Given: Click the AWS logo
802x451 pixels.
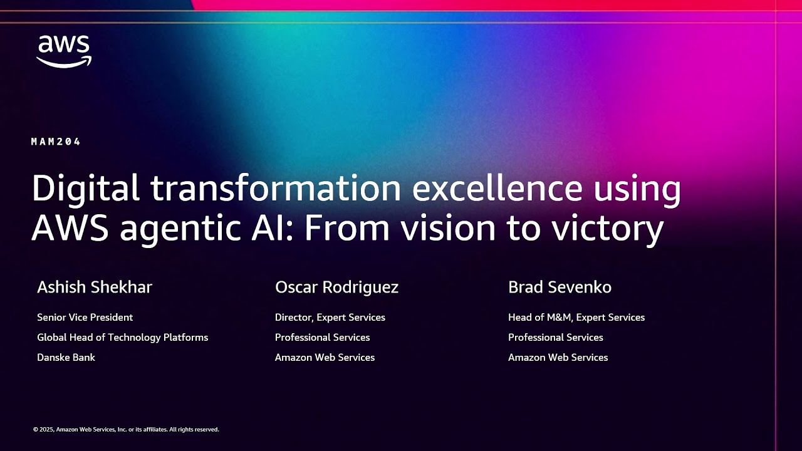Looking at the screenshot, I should coord(64,51).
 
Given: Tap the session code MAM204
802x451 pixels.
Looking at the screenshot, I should coord(56,142).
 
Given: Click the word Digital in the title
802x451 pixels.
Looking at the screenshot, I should coord(85,189).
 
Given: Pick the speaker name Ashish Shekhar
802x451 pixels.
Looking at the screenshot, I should coord(95,287).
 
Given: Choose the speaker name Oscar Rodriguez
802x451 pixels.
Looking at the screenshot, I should coord(336,287).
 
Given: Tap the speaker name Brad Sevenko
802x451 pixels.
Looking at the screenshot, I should coord(560,287).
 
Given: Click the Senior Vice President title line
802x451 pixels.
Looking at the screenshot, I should coord(85,318).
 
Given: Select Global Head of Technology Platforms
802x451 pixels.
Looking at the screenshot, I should coord(122,338).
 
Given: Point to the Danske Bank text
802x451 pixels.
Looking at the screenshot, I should coord(66,358).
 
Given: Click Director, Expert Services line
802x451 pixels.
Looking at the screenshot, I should coord(330,318).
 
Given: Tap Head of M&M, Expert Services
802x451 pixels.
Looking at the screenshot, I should coord(576,318).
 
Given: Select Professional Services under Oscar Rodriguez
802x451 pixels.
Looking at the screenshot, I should coord(322,338).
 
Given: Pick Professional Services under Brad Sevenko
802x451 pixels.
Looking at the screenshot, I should coord(555,338).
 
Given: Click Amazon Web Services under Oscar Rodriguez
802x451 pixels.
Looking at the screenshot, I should coord(325,358).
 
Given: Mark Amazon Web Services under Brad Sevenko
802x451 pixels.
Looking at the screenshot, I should coord(558,358).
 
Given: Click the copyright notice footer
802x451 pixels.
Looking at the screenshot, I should coord(126,430).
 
